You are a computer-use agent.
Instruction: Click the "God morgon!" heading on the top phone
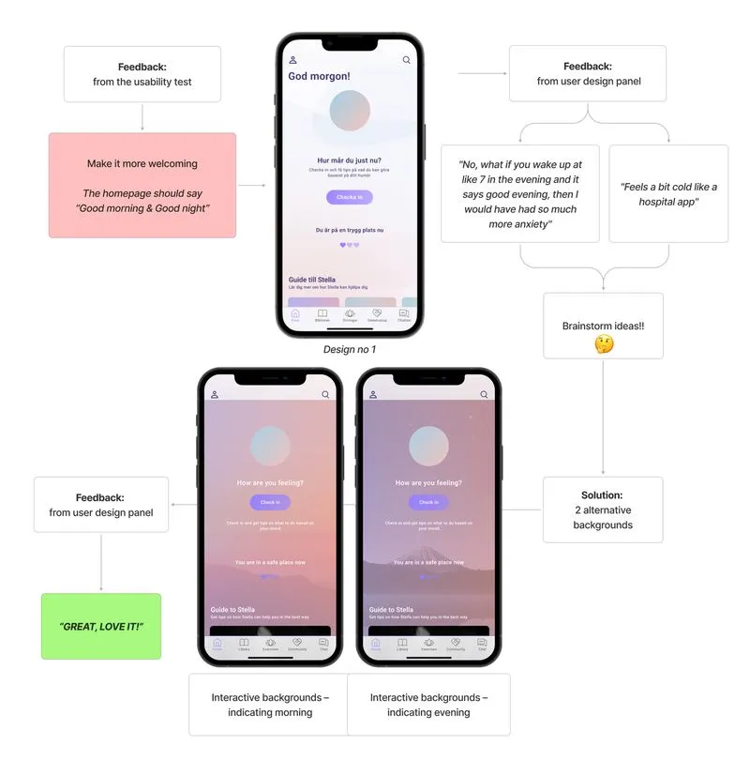(318, 77)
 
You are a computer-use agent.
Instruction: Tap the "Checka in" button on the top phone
(349, 197)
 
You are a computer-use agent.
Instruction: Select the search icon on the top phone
(406, 60)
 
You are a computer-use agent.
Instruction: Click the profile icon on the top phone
(293, 60)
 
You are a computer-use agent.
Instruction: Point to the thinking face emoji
(603, 344)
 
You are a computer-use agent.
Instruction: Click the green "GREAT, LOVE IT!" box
(101, 626)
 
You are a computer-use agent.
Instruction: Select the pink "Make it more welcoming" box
(142, 185)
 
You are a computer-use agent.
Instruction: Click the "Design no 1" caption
(350, 349)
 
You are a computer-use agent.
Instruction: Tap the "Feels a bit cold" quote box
(668, 193)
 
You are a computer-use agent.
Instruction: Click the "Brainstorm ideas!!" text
(603, 325)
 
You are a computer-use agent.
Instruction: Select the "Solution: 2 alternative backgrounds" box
(602, 509)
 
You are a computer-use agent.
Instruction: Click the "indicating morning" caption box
(269, 705)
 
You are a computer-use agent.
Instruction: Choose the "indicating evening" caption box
(428, 705)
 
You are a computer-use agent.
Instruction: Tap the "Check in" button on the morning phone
(270, 503)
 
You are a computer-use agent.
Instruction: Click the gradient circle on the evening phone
(428, 446)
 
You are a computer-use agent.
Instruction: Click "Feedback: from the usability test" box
(142, 74)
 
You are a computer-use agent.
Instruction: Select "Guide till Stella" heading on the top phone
(312, 279)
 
